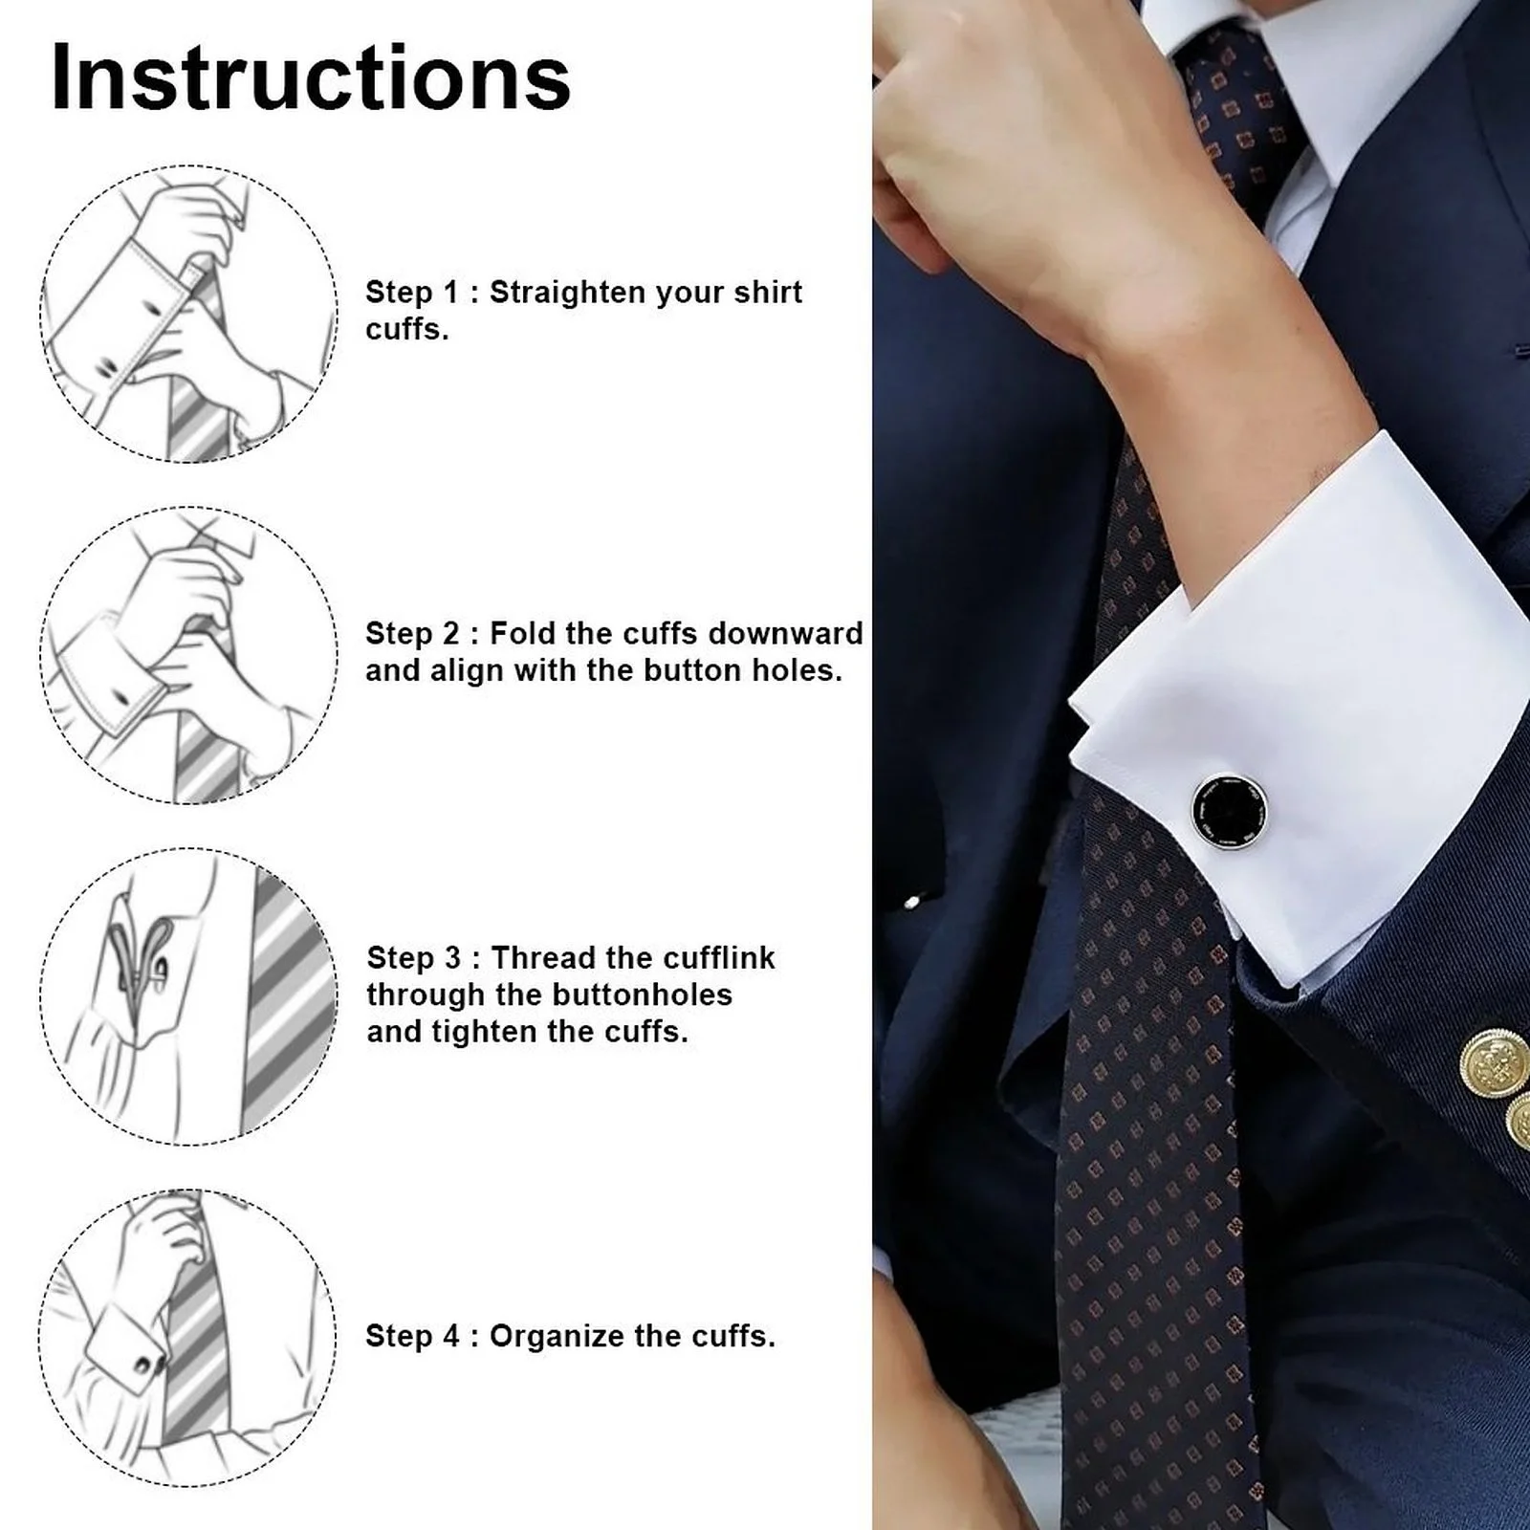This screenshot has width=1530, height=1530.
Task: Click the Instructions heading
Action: point(311,76)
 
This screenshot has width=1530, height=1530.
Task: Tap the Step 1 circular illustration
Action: point(188,314)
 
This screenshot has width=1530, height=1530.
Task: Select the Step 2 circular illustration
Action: point(188,655)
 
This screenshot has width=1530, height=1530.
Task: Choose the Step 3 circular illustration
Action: point(188,996)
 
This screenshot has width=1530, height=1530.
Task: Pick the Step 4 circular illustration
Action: point(188,1338)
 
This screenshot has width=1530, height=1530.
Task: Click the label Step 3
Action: point(414,958)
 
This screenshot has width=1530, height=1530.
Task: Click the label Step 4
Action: point(413,1337)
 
